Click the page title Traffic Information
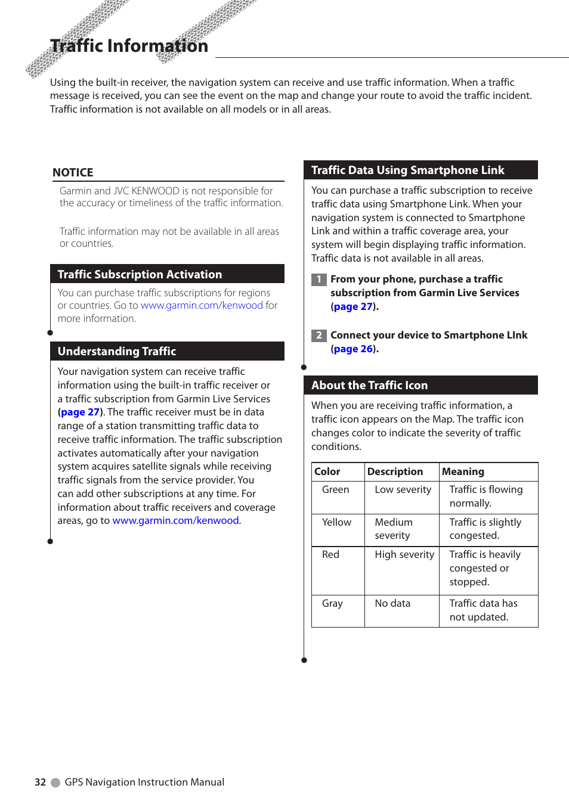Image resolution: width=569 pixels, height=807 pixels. pos(129,46)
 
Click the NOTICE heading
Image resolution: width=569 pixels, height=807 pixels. pos(73,172)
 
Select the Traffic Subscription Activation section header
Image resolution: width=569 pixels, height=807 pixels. pos(140,274)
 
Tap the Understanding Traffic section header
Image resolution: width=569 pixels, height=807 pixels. pos(117,351)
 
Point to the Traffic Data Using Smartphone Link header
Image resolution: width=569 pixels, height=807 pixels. pos(407,170)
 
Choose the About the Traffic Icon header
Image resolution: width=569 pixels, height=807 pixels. pos(369,385)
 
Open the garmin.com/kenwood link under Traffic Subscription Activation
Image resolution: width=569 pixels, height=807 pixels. pos(202,305)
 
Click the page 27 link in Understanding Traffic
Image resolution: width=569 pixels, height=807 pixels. pos(80,412)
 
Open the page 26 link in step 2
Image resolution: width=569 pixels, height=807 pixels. pos(353,349)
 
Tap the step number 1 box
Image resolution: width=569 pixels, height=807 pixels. pos(318,279)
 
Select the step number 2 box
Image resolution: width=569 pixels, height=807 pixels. pos(318,335)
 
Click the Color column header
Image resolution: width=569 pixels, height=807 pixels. pos(327,471)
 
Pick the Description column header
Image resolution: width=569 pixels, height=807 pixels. pos(395,471)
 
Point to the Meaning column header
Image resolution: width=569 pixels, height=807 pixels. pos(463,471)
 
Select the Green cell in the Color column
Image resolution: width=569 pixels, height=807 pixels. pos(335,489)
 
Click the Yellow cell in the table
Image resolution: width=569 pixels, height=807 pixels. pos(336,522)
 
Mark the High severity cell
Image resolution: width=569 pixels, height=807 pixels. pos(404,554)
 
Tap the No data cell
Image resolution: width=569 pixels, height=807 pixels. pos(392,603)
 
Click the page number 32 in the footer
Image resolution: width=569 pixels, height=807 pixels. pos(40,782)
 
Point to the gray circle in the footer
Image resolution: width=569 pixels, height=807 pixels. pos(55,783)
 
